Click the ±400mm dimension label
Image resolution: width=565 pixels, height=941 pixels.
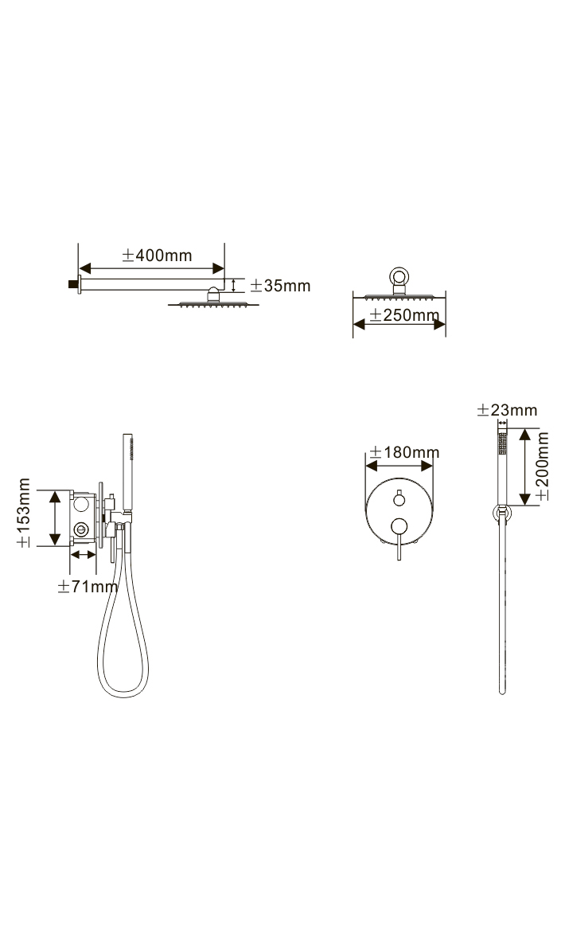click(157, 255)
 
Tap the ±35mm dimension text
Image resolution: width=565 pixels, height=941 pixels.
click(280, 286)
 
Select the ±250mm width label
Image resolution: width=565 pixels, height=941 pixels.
click(404, 314)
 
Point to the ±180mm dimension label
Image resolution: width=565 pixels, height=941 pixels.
click(404, 452)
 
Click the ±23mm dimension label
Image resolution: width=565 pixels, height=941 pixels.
click(508, 411)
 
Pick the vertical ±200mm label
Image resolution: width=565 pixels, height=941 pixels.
click(542, 466)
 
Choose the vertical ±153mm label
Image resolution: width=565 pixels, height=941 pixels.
click(23, 513)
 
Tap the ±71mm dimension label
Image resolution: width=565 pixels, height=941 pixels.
click(88, 586)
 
